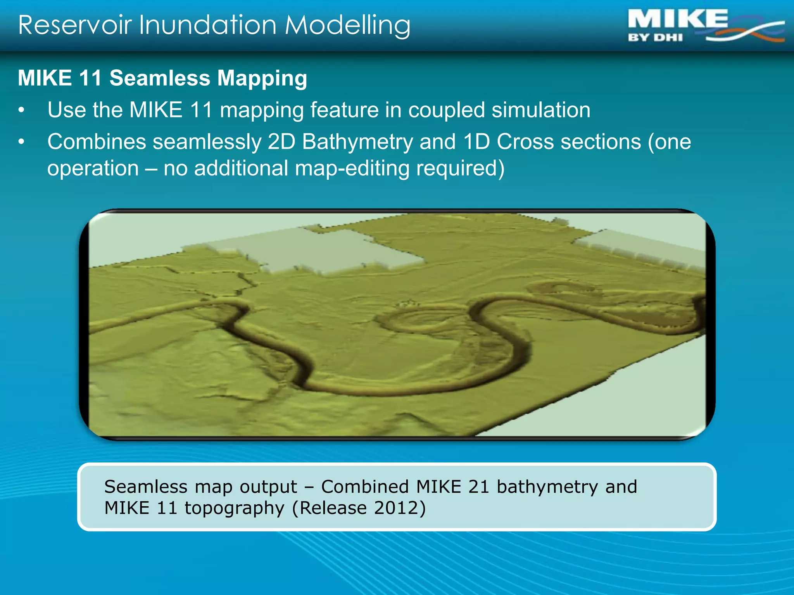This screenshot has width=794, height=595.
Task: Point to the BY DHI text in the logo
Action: (655, 38)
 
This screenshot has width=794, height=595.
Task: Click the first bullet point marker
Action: (22, 110)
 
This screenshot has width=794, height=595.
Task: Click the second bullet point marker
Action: (22, 142)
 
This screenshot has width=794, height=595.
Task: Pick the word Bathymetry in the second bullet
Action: (357, 142)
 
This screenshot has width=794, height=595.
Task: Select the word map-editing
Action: (352, 169)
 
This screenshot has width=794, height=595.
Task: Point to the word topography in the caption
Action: (235, 508)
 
